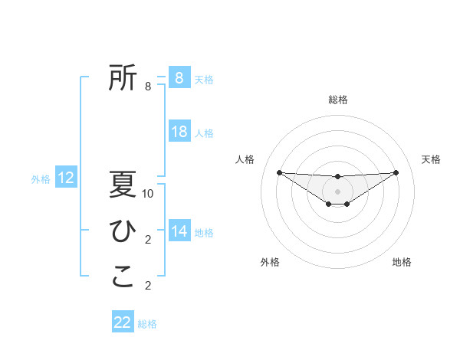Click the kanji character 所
(123, 77)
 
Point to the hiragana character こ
(123, 277)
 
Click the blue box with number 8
(179, 78)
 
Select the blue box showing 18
(179, 132)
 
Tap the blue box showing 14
(179, 231)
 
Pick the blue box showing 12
(66, 178)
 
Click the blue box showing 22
(123, 322)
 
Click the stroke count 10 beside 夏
(148, 194)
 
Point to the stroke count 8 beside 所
(148, 87)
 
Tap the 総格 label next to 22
(147, 324)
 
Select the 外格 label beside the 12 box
(41, 179)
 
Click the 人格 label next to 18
(204, 133)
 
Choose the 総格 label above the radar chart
(337, 100)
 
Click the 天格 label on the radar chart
(431, 159)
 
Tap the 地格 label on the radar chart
(402, 262)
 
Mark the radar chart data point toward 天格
(396, 172)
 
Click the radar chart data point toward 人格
(279, 172)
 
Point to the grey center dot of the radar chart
(337, 191)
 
